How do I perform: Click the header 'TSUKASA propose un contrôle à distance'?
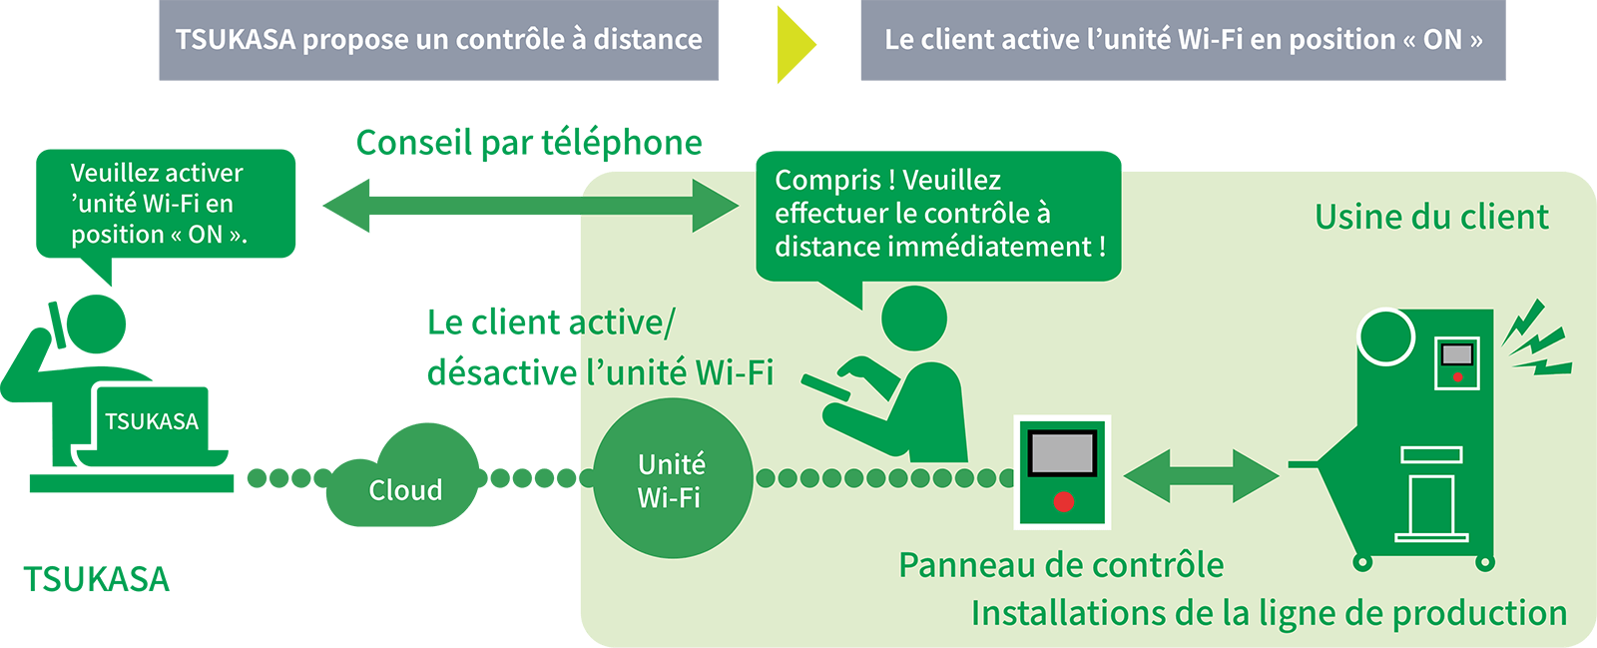(x=438, y=41)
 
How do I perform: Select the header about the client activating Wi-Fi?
(x=1183, y=41)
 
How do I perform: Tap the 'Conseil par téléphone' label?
(x=529, y=143)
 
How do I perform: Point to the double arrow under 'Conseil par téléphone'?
(x=530, y=206)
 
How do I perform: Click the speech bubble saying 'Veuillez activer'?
(x=166, y=204)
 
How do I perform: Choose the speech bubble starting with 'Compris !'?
(x=938, y=214)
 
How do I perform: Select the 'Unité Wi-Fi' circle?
(x=672, y=478)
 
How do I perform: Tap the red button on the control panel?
(x=1064, y=501)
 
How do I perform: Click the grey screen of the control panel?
(x=1063, y=452)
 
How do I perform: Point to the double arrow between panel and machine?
(x=1201, y=476)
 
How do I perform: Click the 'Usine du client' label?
(x=1431, y=217)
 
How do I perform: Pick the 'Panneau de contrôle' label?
(x=1061, y=565)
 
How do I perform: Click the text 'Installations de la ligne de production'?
(x=1269, y=613)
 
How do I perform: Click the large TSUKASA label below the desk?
(x=96, y=580)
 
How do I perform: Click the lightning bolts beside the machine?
(x=1537, y=339)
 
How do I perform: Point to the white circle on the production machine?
(x=1386, y=336)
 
